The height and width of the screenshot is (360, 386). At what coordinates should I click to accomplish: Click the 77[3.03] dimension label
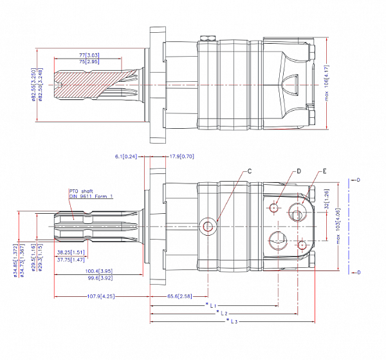[x=88, y=56]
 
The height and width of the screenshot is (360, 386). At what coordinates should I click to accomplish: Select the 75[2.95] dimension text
[x=88, y=62]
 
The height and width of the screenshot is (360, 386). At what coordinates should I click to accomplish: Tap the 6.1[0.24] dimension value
[x=127, y=156]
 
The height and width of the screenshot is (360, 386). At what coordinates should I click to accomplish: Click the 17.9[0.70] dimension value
[x=182, y=156]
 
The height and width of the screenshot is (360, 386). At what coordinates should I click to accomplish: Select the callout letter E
[x=326, y=171]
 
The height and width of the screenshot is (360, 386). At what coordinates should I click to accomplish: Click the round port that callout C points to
[x=208, y=225]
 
